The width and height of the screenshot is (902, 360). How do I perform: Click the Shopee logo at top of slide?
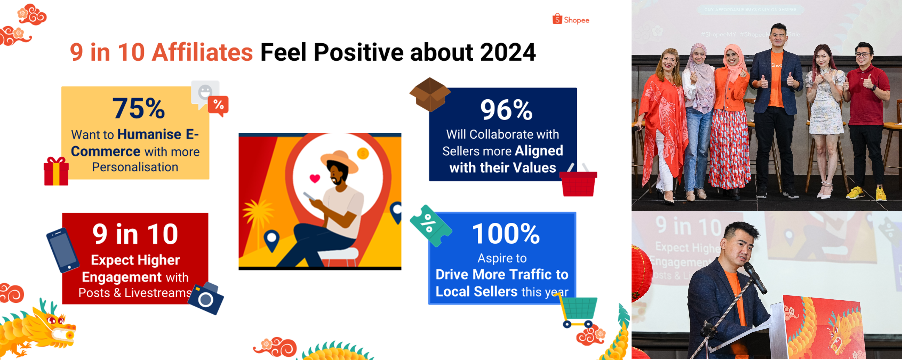tap(571, 19)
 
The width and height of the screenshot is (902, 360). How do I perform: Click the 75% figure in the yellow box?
tap(139, 108)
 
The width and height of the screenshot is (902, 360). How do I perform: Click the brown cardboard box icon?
tap(430, 94)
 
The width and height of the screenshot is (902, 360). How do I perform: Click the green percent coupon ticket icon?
tap(430, 226)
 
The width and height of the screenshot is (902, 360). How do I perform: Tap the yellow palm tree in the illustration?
tap(258, 214)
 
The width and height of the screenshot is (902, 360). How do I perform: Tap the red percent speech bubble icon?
tap(218, 105)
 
